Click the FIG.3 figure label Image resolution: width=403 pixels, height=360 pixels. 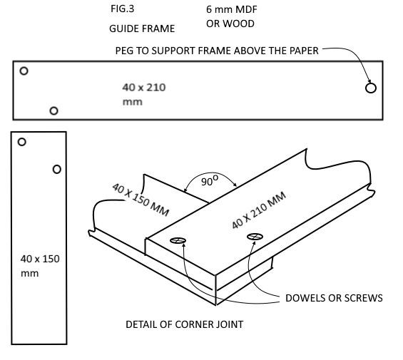pos(122,11)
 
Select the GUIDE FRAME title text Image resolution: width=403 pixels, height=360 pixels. pos(141,29)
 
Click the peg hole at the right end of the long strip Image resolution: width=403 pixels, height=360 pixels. pos(370,88)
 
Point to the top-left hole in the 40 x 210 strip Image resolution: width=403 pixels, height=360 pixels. pos(24,71)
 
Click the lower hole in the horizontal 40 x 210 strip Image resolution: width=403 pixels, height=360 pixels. pos(53,110)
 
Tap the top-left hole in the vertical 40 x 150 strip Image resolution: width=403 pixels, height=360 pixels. pos(21,142)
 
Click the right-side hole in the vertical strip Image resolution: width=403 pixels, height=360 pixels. pos(57,169)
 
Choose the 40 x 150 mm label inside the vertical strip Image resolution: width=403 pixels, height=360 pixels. pos(39,265)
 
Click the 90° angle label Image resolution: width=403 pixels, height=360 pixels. pos(208,182)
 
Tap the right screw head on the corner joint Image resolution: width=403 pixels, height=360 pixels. pos(255,237)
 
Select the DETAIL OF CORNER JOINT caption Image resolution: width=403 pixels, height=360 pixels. pos(184,324)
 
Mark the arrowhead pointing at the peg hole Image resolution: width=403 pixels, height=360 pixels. pos(367,81)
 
